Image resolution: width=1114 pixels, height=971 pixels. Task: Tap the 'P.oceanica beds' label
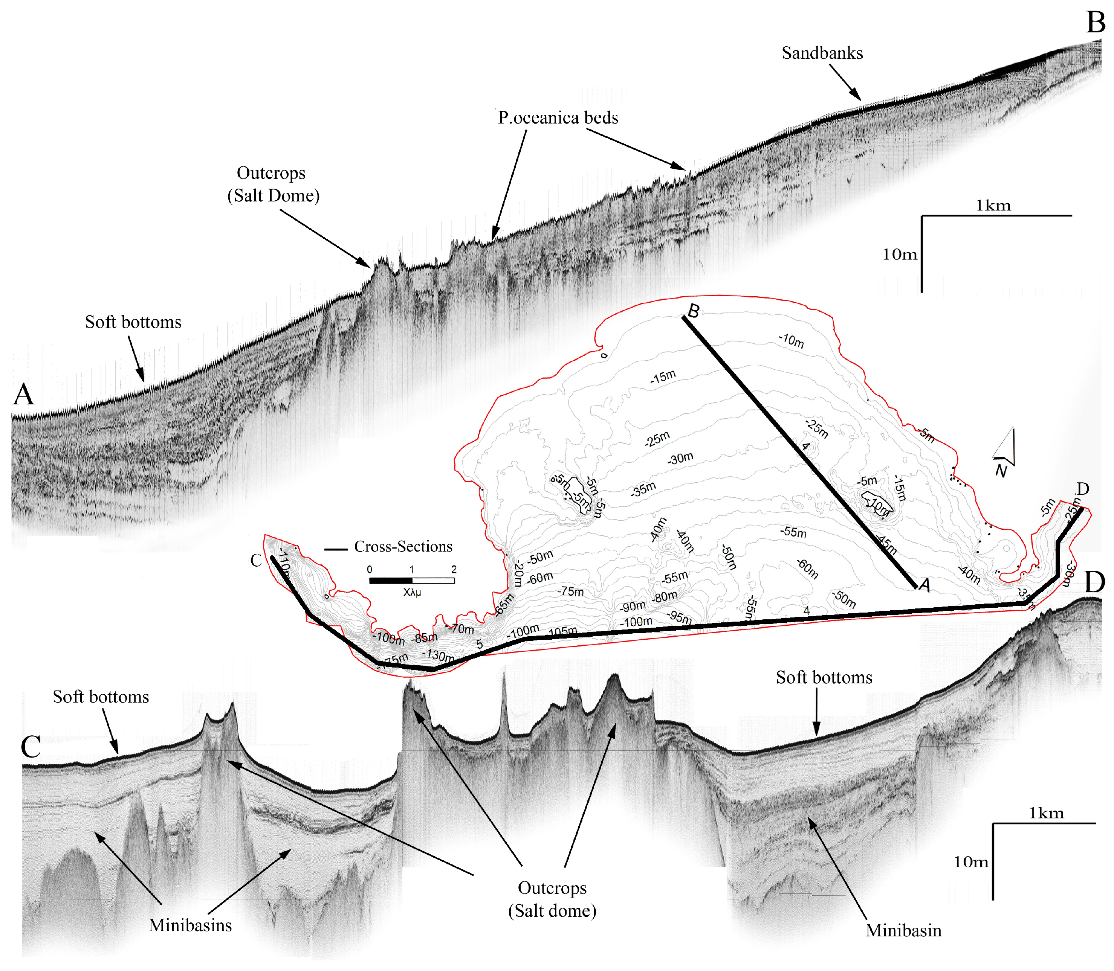click(x=558, y=117)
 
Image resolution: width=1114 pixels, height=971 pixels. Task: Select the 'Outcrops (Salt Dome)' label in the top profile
click(x=273, y=184)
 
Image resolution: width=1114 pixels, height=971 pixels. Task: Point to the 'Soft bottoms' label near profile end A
click(x=133, y=322)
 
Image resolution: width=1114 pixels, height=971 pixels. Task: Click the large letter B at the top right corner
click(x=1096, y=23)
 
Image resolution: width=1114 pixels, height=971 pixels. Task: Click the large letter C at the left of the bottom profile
click(x=31, y=746)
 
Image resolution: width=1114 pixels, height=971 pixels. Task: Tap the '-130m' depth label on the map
click(x=438, y=655)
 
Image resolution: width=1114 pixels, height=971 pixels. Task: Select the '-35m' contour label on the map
click(x=643, y=489)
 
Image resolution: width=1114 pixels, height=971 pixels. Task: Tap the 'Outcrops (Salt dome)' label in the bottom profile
click(x=552, y=899)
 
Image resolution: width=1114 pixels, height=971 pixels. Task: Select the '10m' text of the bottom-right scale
click(x=970, y=861)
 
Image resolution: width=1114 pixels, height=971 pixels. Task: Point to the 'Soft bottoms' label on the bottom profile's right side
click(x=824, y=677)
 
